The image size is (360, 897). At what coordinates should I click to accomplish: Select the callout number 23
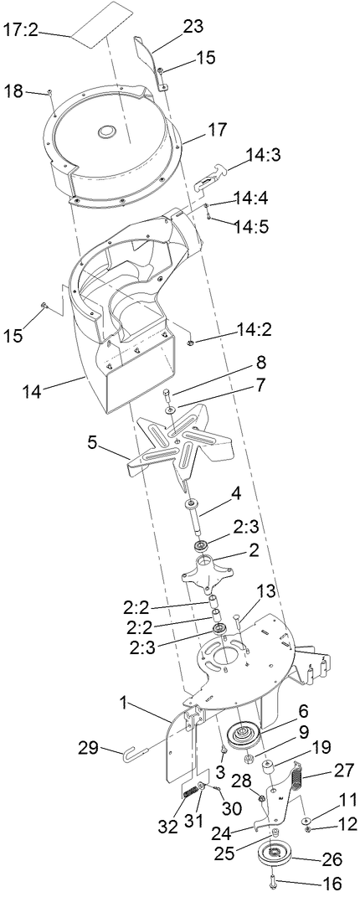pos(193,26)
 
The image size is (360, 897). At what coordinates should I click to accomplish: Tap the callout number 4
pos(237,492)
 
